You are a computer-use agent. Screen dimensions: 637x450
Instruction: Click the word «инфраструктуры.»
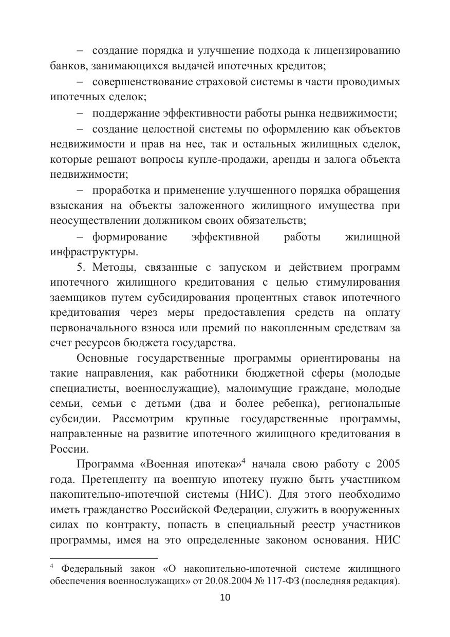point(94,252)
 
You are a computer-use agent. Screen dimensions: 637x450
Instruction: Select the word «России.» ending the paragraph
point(65,448)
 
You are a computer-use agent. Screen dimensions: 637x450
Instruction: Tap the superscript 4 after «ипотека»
point(243,461)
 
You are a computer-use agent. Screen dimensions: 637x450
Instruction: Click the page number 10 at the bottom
point(225,597)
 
